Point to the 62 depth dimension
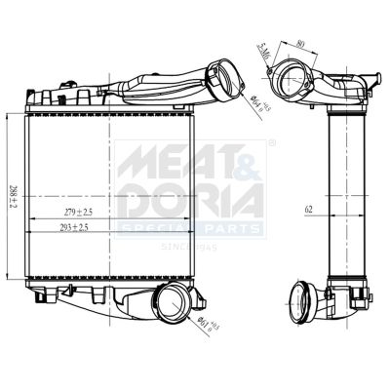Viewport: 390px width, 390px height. [309, 210]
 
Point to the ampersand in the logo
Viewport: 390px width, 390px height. [247, 161]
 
